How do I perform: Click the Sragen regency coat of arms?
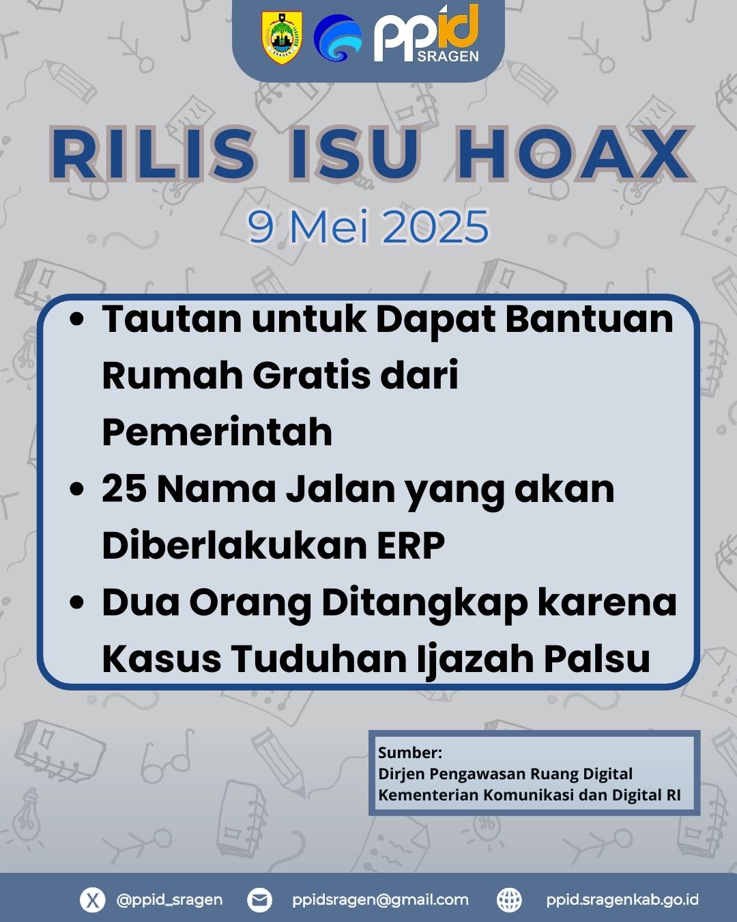point(282,38)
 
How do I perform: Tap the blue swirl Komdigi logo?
point(338,38)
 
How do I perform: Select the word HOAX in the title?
point(573,154)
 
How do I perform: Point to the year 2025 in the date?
point(435,227)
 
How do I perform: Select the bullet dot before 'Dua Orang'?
point(76,602)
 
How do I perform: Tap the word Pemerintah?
point(217,432)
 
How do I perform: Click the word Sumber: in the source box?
point(410,753)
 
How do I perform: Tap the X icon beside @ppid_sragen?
point(92,899)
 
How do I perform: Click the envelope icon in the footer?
point(259,899)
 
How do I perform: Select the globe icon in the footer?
point(509,899)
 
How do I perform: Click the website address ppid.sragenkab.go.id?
point(622,899)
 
